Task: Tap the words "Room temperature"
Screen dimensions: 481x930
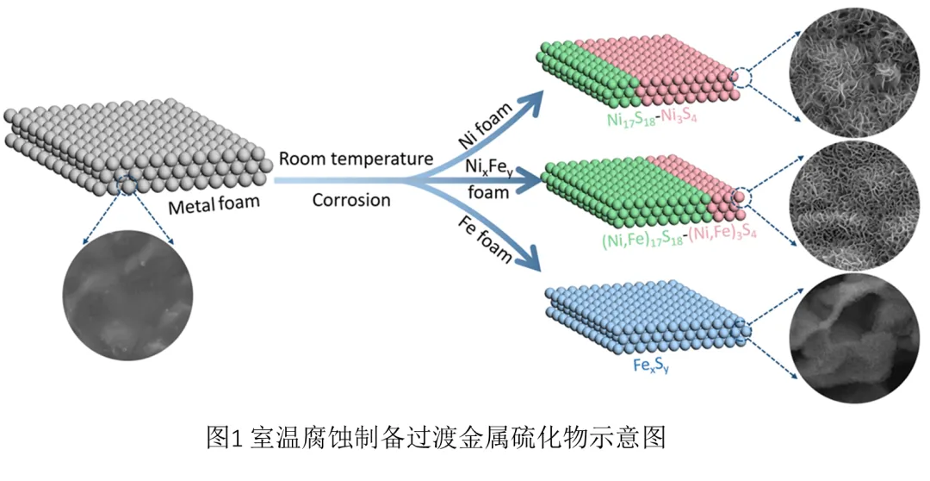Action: [356, 159]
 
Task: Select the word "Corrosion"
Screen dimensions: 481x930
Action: [351, 200]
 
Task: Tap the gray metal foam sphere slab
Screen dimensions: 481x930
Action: [129, 142]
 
